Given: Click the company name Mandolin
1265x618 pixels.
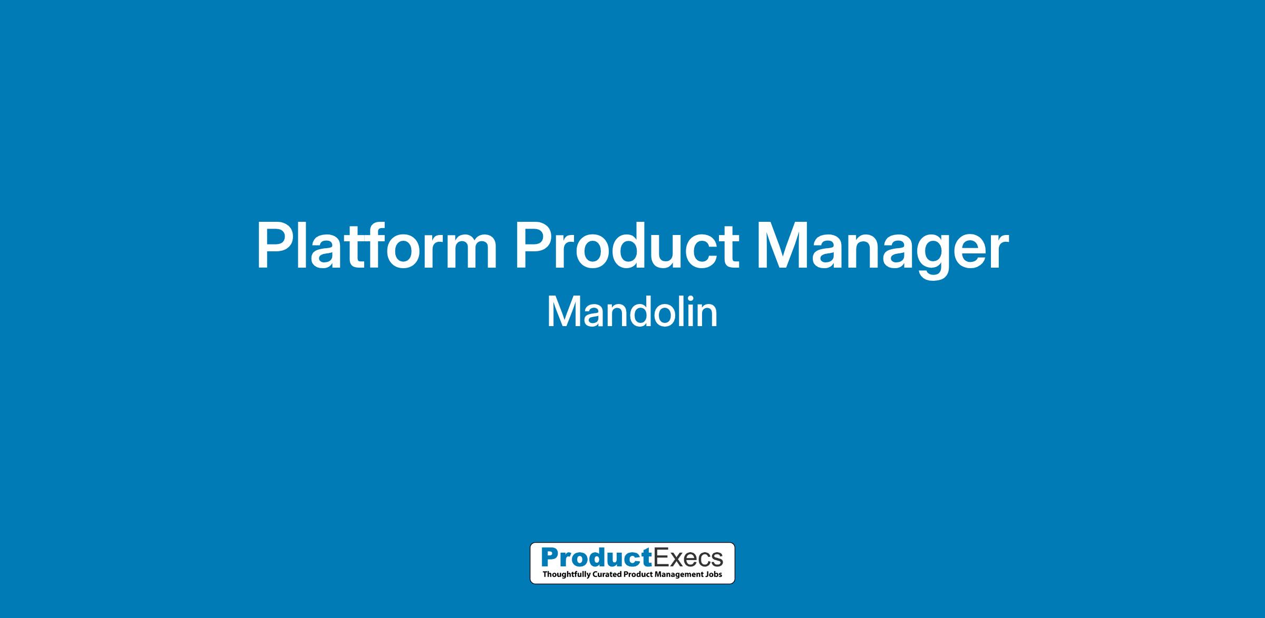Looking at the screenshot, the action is click(632, 312).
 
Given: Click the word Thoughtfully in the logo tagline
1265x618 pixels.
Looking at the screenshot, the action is click(563, 574).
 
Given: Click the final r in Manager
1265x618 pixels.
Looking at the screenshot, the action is click(997, 252).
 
